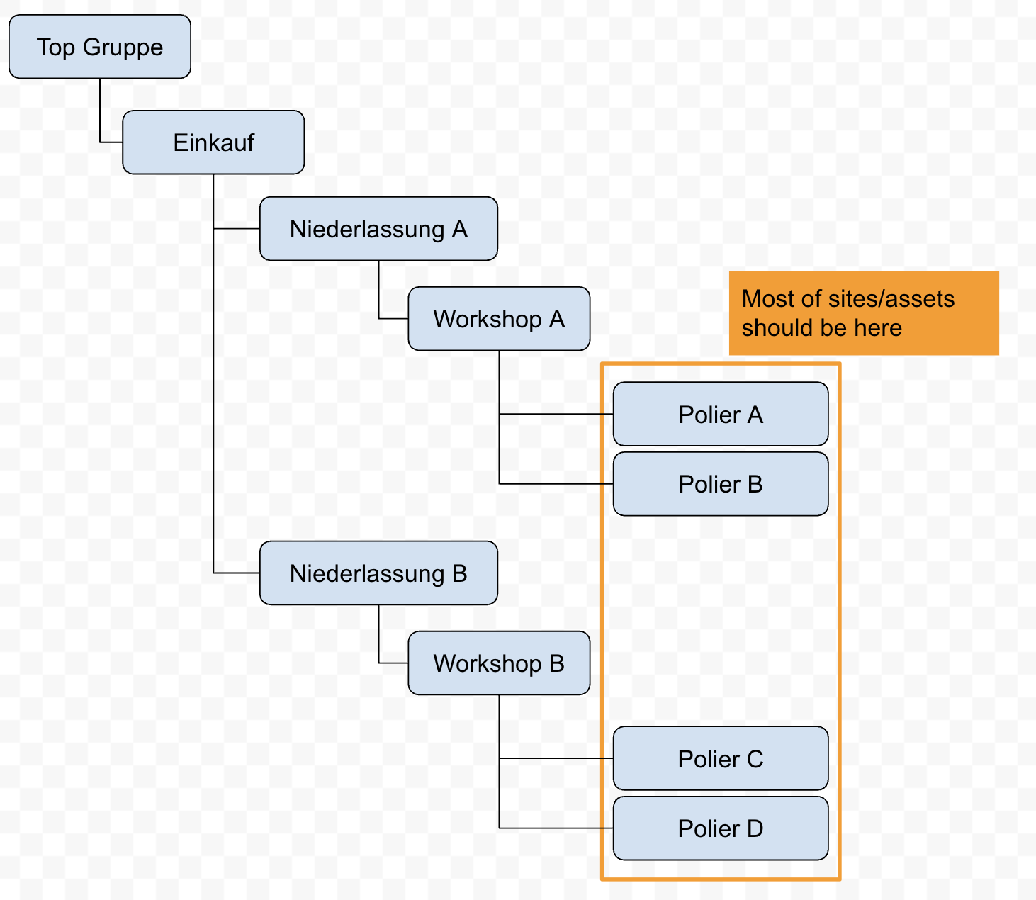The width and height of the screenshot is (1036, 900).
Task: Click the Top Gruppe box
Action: click(99, 47)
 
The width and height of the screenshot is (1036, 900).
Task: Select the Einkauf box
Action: click(213, 142)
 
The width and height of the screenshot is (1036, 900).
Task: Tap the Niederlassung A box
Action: click(378, 229)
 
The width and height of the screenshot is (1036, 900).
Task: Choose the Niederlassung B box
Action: click(378, 573)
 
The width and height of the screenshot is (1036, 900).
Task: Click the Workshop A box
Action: click(499, 319)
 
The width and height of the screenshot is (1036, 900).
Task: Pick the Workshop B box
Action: click(499, 663)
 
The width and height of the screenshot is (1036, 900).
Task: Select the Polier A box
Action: click(721, 415)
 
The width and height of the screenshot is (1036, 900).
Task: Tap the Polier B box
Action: click(721, 484)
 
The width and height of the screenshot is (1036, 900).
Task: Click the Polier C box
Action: click(721, 759)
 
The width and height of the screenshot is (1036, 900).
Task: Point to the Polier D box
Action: click(721, 828)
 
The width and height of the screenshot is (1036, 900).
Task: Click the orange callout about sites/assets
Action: click(864, 313)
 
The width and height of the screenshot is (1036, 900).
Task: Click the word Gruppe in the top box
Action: click(123, 47)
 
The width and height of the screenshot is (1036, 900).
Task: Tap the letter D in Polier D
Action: click(755, 828)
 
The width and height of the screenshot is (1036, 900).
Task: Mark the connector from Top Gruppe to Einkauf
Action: click(100, 113)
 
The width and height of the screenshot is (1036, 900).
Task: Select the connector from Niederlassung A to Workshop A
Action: click(379, 291)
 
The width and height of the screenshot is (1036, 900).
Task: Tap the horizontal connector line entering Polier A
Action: click(556, 414)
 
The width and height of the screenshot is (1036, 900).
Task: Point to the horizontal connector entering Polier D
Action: click(556, 828)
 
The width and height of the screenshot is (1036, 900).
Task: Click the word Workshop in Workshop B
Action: click(488, 663)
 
